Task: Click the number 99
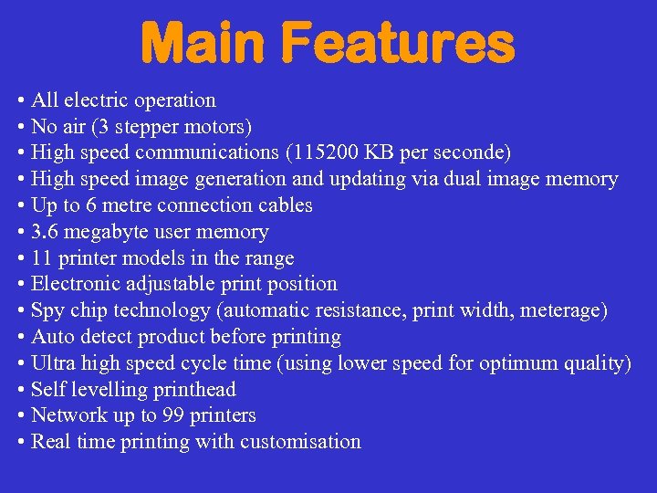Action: pyautogui.click(x=172, y=415)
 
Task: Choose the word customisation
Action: pyautogui.click(x=300, y=442)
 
